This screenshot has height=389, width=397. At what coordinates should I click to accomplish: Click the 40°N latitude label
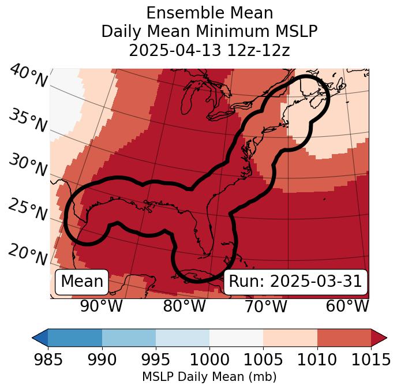point(28,77)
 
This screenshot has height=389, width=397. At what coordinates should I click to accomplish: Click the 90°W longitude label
point(102,306)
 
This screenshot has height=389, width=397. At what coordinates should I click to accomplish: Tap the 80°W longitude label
point(184,306)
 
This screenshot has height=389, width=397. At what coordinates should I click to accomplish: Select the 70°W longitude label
point(266,306)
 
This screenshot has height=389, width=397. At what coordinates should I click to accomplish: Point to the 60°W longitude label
point(347,306)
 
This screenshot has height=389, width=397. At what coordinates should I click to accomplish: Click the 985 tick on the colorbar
point(48,360)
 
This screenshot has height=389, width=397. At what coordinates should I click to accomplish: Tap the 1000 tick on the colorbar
point(209,360)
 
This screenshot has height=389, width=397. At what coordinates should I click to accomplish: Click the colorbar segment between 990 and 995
point(129,338)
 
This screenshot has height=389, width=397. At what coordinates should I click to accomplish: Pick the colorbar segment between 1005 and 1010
point(290,338)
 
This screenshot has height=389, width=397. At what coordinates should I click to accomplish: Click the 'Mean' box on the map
point(82,282)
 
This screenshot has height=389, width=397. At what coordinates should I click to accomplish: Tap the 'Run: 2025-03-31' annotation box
point(295,282)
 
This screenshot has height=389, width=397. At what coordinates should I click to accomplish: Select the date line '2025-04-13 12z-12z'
point(209,50)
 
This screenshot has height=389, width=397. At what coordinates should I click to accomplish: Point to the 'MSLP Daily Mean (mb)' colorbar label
point(209,377)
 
